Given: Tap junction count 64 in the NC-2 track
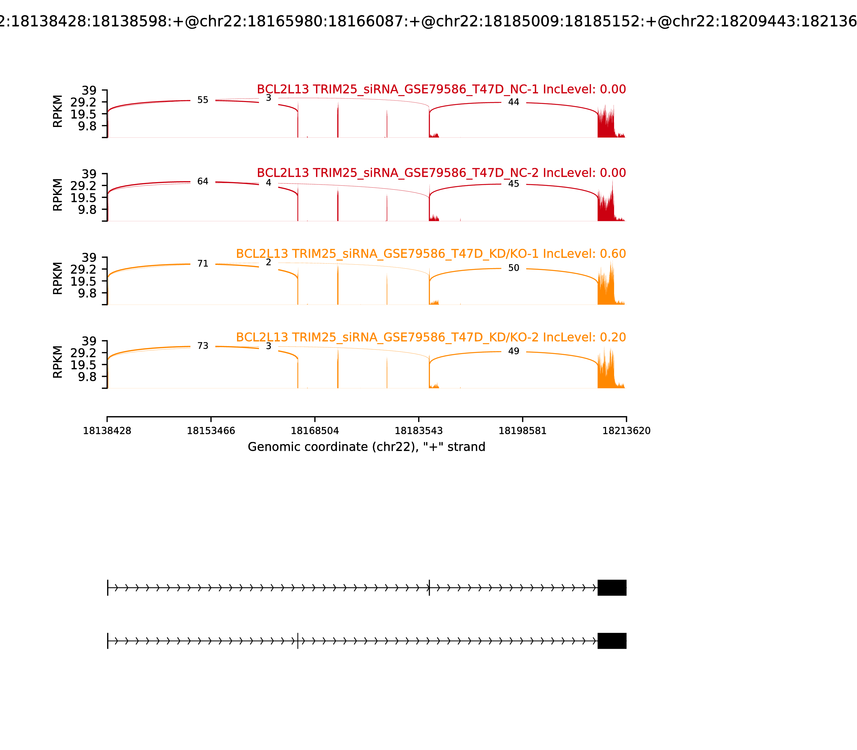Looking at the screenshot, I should (202, 182).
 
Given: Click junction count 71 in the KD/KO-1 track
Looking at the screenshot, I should (202, 264).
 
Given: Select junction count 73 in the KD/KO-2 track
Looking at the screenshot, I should (202, 346).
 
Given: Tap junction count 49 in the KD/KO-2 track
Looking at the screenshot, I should (513, 351).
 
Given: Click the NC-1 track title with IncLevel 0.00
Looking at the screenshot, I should (441, 89).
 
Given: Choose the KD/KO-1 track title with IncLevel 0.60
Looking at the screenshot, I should (431, 254).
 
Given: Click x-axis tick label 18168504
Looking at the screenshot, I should (315, 431).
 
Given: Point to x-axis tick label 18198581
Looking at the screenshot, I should (522, 431).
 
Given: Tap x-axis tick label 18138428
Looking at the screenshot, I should (107, 431).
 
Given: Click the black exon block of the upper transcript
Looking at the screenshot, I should (612, 588).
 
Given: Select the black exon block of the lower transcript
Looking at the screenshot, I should (612, 641).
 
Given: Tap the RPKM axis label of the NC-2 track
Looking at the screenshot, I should (58, 195).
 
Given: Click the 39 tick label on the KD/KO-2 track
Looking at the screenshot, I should (89, 341).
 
